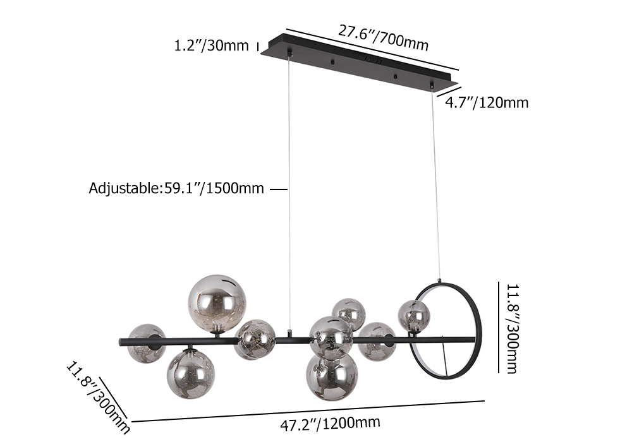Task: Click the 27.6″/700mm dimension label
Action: click(384, 39)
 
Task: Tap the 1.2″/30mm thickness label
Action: click(211, 45)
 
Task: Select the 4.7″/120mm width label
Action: click(487, 103)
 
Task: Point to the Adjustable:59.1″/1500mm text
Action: click(176, 188)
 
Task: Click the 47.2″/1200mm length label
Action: click(330, 424)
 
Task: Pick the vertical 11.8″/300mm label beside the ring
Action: click(513, 328)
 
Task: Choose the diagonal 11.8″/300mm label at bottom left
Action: click(98, 398)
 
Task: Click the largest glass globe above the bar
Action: click(217, 304)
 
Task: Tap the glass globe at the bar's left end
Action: click(147, 343)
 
